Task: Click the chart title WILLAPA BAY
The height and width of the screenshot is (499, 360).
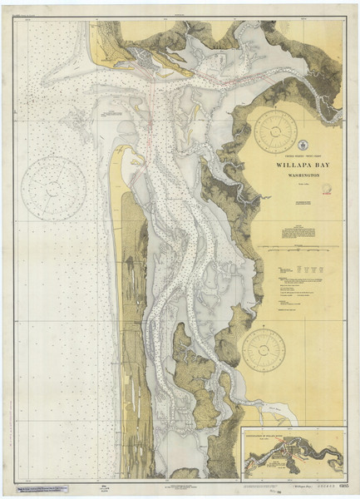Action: click(x=298, y=164)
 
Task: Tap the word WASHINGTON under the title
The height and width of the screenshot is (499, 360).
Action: click(x=298, y=175)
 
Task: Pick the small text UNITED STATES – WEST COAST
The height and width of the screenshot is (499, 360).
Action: click(x=297, y=154)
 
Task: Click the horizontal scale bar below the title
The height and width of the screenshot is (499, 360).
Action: click(x=297, y=247)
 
